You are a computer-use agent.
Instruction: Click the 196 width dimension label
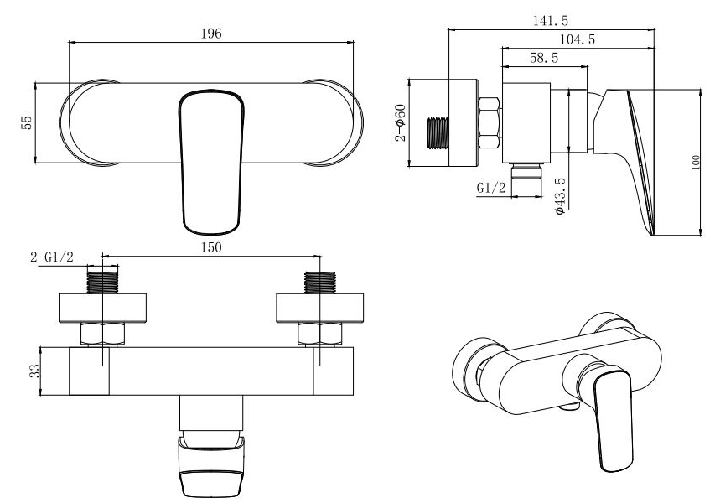pyautogui.click(x=211, y=34)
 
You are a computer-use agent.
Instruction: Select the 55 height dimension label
pyautogui.click(x=27, y=122)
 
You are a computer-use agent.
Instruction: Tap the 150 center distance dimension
pyautogui.click(x=211, y=247)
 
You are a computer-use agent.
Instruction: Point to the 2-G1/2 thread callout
pyautogui.click(x=51, y=257)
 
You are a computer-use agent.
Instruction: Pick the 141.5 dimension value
pyautogui.click(x=551, y=21)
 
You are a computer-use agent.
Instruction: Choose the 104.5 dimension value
pyautogui.click(x=578, y=39)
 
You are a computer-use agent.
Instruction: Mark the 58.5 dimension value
pyautogui.click(x=544, y=58)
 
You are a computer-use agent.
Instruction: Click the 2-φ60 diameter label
pyautogui.click(x=400, y=122)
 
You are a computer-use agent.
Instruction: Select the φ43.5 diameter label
pyautogui.click(x=560, y=196)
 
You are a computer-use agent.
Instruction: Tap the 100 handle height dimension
pyautogui.click(x=696, y=163)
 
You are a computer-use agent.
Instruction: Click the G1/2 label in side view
pyautogui.click(x=491, y=188)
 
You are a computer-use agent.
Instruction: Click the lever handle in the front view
pyautogui.click(x=211, y=163)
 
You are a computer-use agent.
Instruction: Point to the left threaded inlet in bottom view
pyautogui.click(x=102, y=283)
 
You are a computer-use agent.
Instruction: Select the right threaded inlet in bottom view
pyautogui.click(x=320, y=283)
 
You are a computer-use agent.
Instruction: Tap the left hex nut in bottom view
pyautogui.click(x=102, y=334)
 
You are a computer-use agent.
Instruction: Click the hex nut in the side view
pyautogui.click(x=489, y=122)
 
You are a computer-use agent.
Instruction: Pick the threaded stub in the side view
pyautogui.click(x=438, y=133)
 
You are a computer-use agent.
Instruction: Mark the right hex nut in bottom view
pyautogui.click(x=320, y=334)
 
